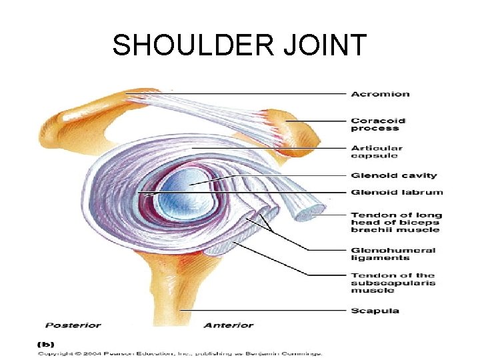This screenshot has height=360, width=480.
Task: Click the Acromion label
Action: (380, 93)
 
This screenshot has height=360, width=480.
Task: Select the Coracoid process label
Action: (377, 125)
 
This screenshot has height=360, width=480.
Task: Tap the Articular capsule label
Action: (377, 152)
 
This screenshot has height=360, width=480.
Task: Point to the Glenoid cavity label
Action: (394, 175)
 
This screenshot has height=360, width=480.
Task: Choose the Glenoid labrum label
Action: (397, 193)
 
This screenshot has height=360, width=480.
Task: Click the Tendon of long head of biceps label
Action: (395, 222)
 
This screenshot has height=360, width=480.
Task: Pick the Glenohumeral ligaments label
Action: (393, 254)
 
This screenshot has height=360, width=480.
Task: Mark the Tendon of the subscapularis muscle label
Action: (393, 283)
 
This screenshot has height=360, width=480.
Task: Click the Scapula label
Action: (375, 310)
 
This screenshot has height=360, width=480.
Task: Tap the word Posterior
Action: (73, 325)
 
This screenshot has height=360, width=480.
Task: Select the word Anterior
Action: (228, 325)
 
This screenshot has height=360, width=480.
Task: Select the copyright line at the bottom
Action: (180, 353)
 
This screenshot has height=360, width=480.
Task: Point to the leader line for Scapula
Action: (267, 310)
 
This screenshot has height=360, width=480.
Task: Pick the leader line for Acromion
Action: (260, 93)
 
